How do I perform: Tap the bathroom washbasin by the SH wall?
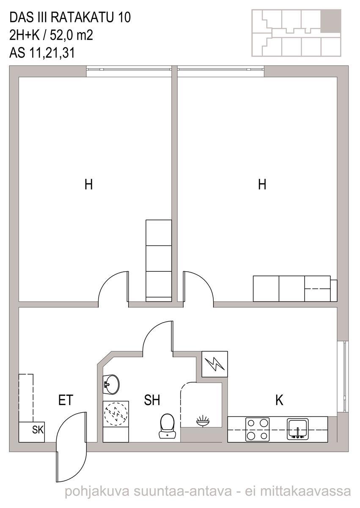pyautogui.click(x=111, y=384)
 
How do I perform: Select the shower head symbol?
pyautogui.click(x=203, y=421)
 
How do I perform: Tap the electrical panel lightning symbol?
pyautogui.click(x=214, y=364)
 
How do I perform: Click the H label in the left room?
pyautogui.click(x=88, y=185)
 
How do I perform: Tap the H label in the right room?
pyautogui.click(x=262, y=185)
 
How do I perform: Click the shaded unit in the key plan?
pyautogui.click(x=331, y=21)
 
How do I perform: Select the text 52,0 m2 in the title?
pyautogui.click(x=71, y=36)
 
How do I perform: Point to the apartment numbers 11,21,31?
pyautogui.click(x=52, y=53)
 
